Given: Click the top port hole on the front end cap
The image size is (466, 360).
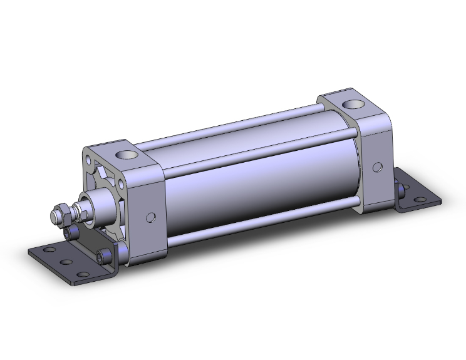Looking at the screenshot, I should [x=127, y=152].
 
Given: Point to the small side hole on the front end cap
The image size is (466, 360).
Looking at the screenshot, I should [x=150, y=217].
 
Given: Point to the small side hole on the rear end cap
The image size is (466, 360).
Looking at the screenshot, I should [x=377, y=167].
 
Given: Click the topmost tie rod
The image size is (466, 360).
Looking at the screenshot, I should [x=238, y=134].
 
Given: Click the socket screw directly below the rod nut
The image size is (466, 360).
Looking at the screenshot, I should [x=73, y=234].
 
